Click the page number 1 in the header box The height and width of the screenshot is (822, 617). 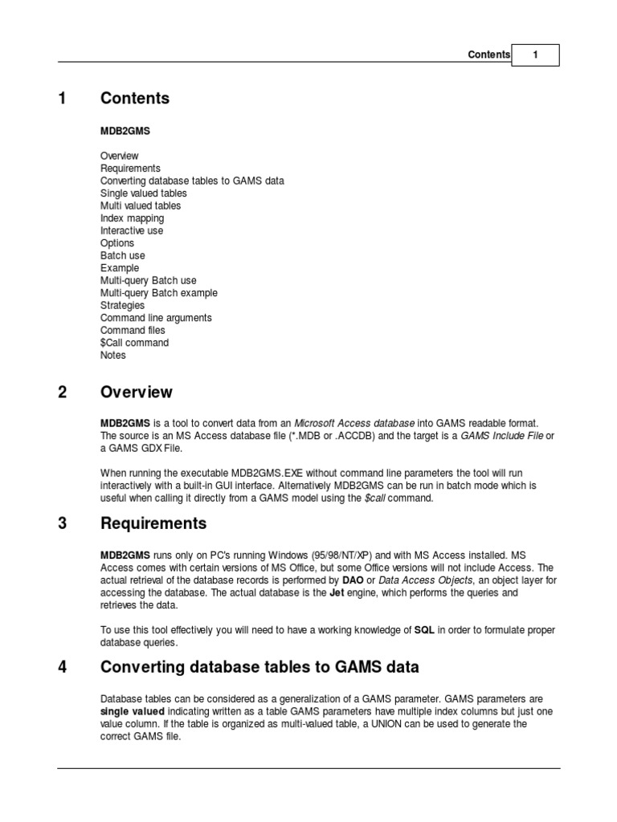535,55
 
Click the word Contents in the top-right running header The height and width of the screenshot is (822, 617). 488,55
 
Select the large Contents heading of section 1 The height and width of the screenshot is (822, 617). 135,99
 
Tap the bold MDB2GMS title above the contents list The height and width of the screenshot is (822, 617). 125,130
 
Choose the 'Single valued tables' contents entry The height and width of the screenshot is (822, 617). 144,193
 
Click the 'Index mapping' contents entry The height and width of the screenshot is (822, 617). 132,218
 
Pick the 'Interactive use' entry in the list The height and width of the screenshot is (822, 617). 132,230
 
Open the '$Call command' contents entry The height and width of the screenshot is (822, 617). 134,343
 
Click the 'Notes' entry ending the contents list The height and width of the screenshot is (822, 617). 113,355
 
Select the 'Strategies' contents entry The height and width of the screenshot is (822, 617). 122,305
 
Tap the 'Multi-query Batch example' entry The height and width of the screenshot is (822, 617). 158,293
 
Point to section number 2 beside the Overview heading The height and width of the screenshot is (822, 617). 62,393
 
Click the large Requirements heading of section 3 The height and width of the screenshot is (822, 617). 153,524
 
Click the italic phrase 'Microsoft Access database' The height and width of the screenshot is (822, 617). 354,423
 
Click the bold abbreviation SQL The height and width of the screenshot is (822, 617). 423,630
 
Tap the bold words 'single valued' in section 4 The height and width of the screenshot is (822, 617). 133,711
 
